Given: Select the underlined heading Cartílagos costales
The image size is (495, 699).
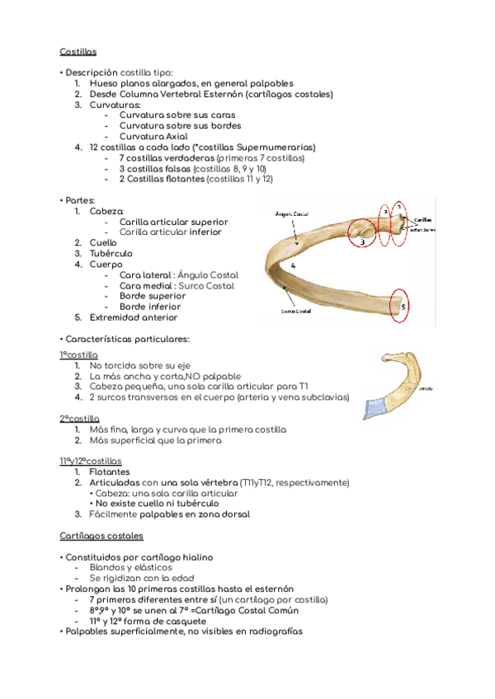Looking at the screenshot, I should (x=101, y=536).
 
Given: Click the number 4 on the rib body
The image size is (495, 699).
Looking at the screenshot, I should (x=294, y=266).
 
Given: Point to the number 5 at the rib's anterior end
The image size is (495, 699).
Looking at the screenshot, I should (x=403, y=306).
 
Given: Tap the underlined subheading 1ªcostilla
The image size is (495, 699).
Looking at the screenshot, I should (x=78, y=354).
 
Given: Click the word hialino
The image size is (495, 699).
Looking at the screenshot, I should (x=194, y=557).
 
